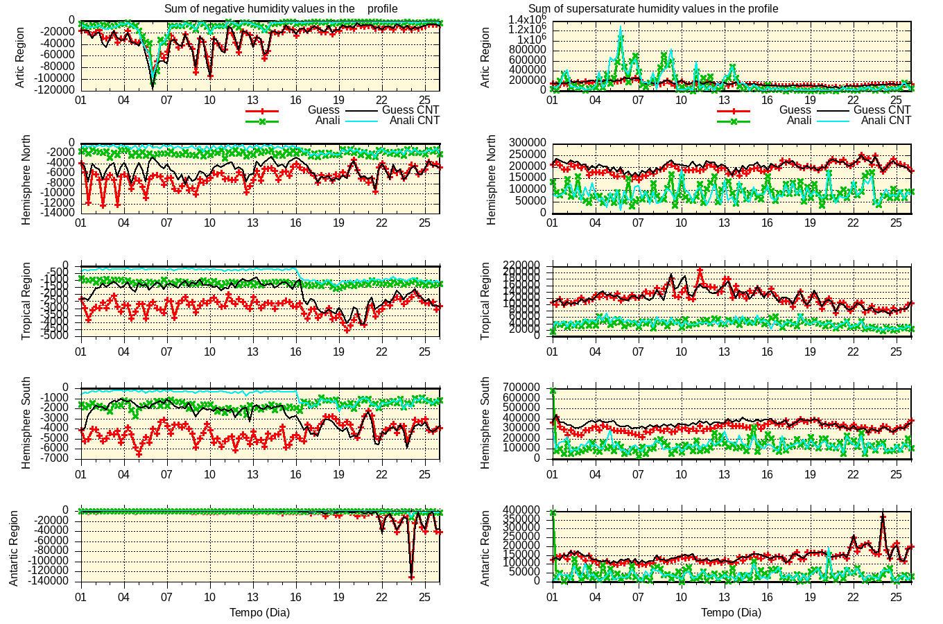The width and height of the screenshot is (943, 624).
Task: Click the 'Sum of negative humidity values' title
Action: [281, 9]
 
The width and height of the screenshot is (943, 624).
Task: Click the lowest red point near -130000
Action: [411, 577]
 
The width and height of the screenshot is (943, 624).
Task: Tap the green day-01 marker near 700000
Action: [553, 391]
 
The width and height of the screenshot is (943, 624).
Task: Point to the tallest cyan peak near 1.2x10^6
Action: [621, 28]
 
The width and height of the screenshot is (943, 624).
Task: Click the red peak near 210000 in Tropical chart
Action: [700, 270]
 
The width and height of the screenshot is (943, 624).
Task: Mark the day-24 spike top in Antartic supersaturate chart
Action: [883, 516]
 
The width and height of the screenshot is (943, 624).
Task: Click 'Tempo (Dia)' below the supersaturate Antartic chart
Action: [731, 613]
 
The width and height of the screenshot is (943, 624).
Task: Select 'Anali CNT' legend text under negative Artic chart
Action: [414, 121]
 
